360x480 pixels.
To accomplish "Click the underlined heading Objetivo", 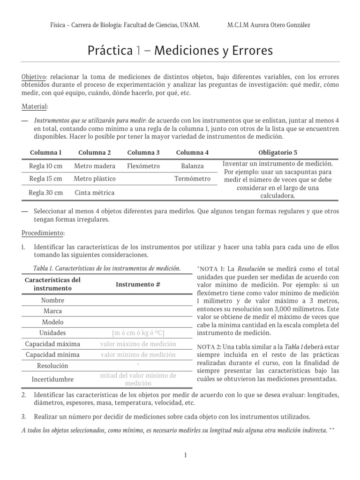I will pos(34,76).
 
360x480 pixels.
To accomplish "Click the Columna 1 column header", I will pos(46,152).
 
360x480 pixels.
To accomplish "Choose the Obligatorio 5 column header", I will pos(277,152).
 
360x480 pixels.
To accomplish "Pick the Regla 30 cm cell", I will pos(46,193).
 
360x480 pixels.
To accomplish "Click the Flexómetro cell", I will pos(143,166).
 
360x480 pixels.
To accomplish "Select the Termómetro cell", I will pos(192,179).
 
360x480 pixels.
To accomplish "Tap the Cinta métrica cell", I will pos(94,193).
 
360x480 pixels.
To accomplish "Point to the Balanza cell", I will pos(192,166).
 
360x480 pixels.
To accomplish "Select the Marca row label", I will pos(52,311).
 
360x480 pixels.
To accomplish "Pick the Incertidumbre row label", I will pos(52,379).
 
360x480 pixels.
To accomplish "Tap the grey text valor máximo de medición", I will pos(138,344).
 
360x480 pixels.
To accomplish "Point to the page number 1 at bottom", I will pos(186,455).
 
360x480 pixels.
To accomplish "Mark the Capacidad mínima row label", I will pos(52,354).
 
